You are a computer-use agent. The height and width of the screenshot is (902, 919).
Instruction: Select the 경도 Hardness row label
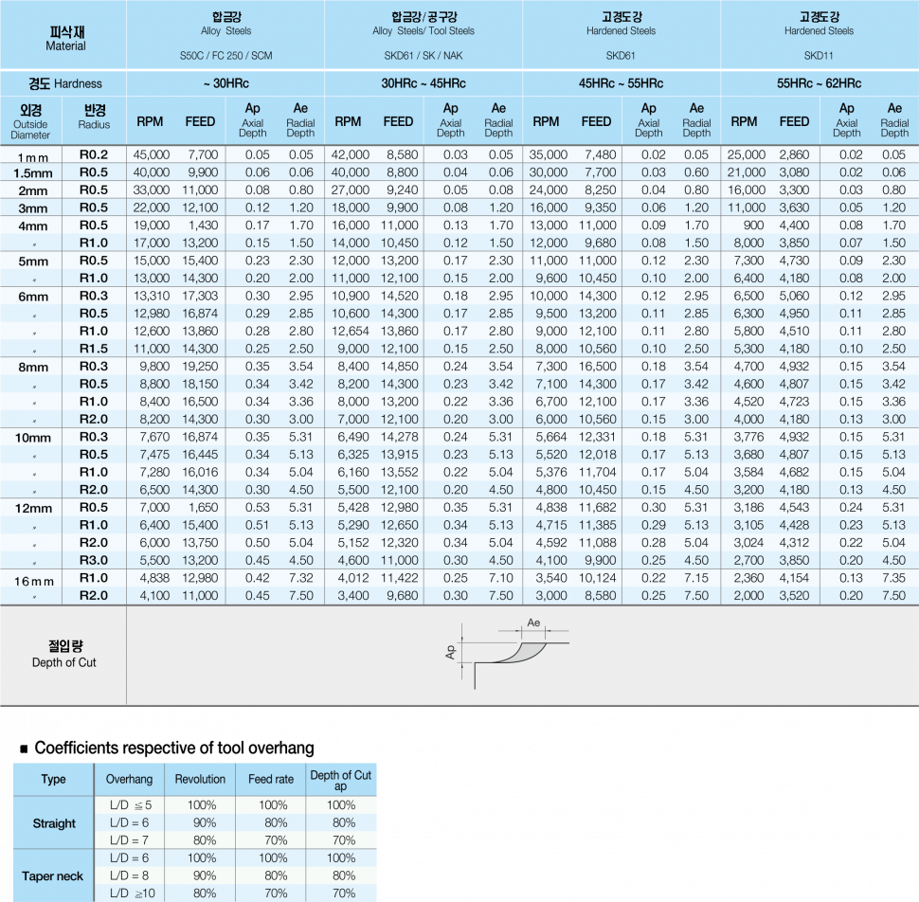(65, 83)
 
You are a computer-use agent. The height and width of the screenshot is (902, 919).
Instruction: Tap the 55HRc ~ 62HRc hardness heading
(819, 83)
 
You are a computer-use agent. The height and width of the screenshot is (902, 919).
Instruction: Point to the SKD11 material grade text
(819, 56)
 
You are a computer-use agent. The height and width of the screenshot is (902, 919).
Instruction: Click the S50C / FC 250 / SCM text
(225, 56)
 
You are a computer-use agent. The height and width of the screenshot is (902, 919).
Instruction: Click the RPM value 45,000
(152, 154)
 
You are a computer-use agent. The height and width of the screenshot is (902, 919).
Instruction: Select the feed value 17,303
(200, 296)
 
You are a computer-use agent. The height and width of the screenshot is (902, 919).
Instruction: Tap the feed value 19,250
(200, 366)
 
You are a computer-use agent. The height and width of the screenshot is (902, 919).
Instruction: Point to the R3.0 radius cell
(94, 560)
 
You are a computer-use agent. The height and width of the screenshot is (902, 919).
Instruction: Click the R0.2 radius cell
(94, 154)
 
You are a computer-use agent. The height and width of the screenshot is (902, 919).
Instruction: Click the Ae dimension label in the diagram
(533, 622)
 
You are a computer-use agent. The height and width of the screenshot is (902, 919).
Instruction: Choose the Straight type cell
(54, 823)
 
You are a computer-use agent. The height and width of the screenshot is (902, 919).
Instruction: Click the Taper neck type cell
(53, 876)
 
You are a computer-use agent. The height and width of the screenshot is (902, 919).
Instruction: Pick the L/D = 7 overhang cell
(129, 840)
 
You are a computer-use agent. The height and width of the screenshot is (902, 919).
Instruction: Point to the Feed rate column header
(271, 779)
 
